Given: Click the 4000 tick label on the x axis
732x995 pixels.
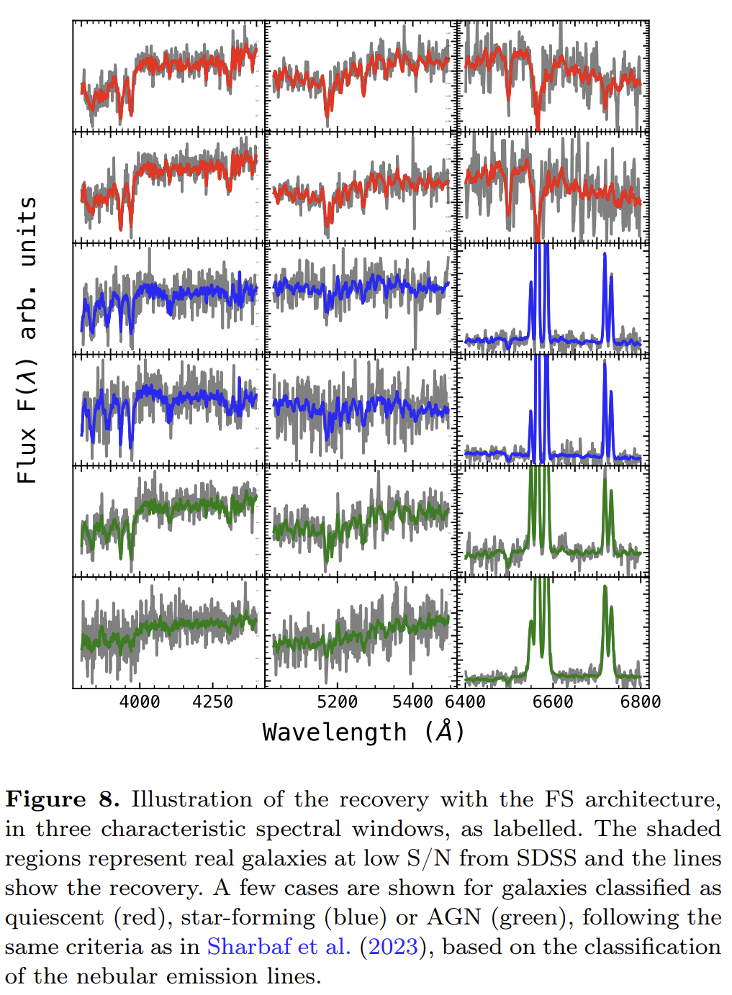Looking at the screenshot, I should coord(140,701).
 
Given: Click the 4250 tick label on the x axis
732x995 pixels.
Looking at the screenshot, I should coord(213,701).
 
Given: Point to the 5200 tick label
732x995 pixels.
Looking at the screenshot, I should coord(337,701).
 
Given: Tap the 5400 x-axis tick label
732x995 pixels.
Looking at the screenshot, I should coord(412,701).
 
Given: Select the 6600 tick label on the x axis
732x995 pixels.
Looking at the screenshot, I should coord(553,701).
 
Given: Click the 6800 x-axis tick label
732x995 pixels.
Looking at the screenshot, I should coord(640,701).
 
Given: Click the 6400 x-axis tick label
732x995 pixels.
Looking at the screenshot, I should coord(466,701).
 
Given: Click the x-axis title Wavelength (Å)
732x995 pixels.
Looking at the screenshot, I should coord(363,732).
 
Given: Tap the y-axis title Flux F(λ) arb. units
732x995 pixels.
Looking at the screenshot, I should coord(27,340).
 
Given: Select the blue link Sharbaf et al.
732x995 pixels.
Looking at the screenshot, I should coord(279,947).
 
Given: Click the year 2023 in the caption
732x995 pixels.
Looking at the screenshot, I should coord(393,947).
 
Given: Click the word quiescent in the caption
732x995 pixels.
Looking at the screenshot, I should coord(54,917).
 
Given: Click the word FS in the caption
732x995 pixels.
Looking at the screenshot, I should coord(559,799).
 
